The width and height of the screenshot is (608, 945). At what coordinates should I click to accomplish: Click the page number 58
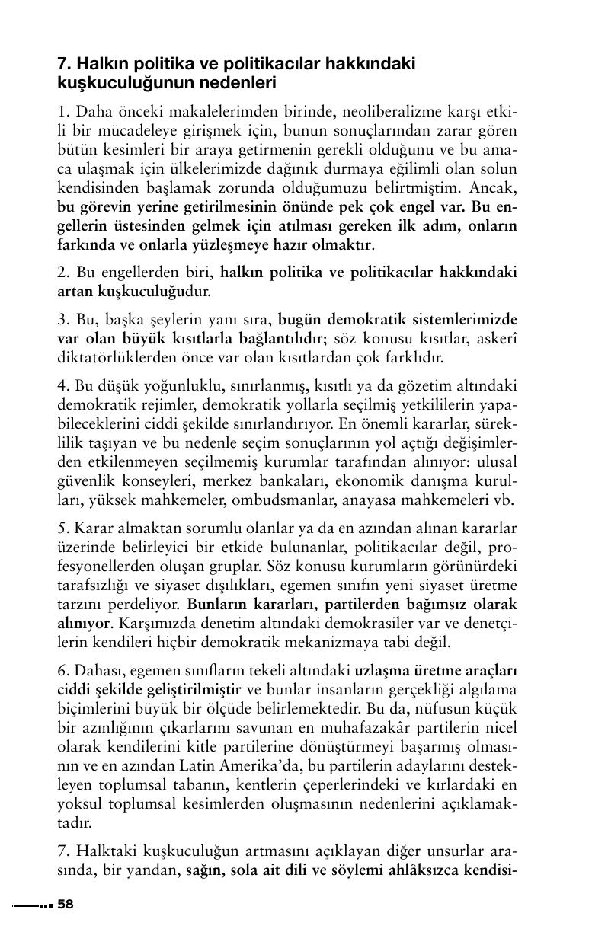(x=66, y=905)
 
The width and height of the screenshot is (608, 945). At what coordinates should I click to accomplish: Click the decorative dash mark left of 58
(x=33, y=905)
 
